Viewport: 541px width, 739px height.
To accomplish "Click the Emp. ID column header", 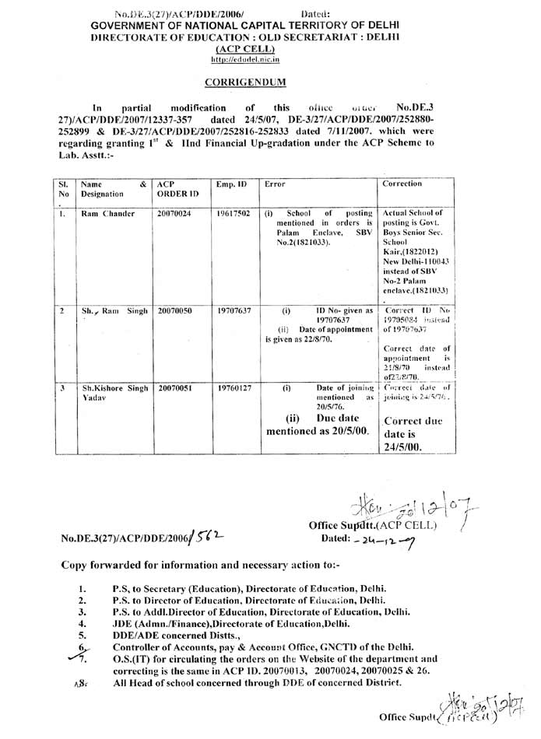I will pos(231,184).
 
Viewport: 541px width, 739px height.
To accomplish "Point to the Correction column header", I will pos(402,184).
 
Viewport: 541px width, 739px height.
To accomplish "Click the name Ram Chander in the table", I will pos(108,213).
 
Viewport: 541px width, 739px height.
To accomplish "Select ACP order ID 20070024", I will pos(173,213).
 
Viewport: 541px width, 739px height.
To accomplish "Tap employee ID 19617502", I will pos(234,213).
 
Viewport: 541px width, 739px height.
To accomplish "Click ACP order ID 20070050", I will pos(173,309).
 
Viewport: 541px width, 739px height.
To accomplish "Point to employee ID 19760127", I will pos(234,387).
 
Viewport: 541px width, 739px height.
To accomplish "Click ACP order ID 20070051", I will pos(173,387).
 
